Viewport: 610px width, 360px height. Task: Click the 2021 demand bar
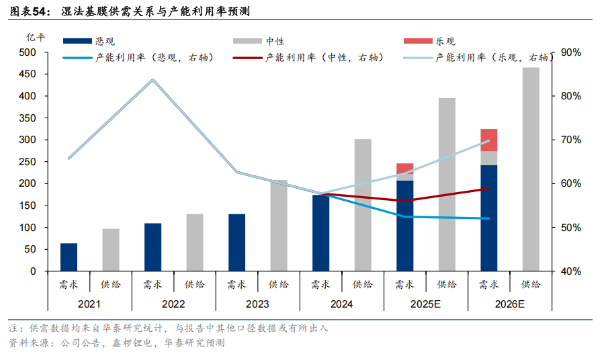tap(69, 257)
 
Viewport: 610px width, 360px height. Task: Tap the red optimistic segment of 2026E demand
tap(489, 140)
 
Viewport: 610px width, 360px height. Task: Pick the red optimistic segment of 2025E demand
tap(405, 167)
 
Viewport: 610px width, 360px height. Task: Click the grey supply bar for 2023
tap(279, 226)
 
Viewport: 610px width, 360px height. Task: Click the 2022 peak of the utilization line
tap(152, 80)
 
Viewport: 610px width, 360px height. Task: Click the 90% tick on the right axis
tap(572, 52)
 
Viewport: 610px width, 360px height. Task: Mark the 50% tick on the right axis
tap(572, 228)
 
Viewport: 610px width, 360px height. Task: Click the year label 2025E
tap(426, 304)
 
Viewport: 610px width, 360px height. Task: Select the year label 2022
tap(173, 304)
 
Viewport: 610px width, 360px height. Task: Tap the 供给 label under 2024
tap(363, 285)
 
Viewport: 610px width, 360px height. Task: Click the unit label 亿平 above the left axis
tap(36, 38)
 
